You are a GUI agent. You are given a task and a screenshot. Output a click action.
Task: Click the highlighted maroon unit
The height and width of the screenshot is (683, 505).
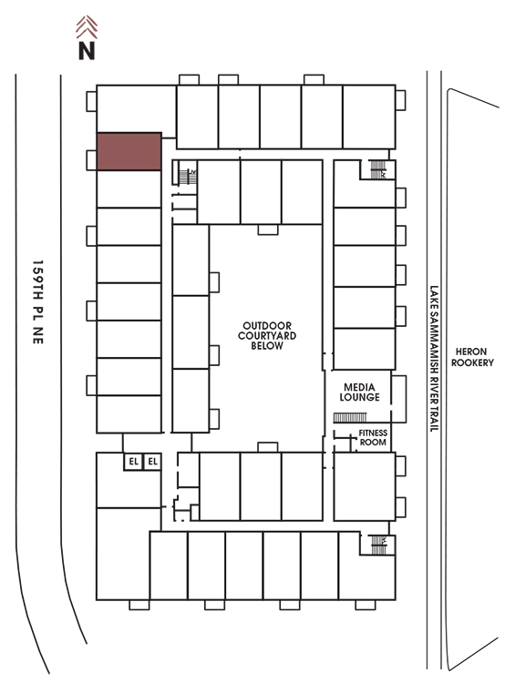coord(129,151)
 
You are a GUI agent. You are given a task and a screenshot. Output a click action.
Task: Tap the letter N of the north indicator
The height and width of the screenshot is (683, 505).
coord(87,50)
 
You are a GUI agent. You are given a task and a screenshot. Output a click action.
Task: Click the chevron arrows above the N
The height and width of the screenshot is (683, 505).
coord(87,27)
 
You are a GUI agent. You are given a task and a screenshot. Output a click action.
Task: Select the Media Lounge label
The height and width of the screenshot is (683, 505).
coord(359,392)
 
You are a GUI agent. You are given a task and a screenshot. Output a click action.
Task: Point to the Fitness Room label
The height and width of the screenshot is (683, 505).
coord(373,437)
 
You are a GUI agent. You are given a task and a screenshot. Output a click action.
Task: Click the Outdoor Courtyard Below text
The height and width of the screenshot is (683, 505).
coord(267,335)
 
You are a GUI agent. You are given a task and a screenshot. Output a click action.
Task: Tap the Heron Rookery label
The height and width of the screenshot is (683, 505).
coord(472,357)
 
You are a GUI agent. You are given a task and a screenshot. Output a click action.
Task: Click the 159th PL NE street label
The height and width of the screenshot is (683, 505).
coord(38,301)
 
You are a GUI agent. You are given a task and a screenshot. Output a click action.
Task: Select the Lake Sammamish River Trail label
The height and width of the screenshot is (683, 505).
coord(434,359)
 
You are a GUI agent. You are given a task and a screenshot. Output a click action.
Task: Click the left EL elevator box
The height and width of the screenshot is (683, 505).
coord(133,462)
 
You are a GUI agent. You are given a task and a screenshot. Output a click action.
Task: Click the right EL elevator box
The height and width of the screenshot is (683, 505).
coord(152,462)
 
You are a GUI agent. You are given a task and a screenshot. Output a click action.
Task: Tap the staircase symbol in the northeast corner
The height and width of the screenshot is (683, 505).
coord(378,169)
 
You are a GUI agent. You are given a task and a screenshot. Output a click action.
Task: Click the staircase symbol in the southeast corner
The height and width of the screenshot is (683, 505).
coord(378,545)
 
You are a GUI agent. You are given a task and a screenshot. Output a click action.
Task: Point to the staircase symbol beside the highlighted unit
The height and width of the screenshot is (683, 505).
coord(188,176)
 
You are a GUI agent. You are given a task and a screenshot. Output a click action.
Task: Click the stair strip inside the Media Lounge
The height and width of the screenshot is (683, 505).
coord(350,418)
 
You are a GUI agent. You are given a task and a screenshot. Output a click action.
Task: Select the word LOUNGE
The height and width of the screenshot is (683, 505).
coord(359,397)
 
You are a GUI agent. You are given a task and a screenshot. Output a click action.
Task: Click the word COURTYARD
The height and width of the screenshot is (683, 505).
coord(267,335)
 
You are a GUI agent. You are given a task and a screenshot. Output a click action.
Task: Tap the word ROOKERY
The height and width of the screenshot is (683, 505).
coord(472,362)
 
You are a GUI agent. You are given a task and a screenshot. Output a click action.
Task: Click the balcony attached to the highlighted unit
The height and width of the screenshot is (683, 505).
coord(91,160)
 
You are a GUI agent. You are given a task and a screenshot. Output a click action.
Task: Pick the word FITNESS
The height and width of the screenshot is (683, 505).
coord(373,433)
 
